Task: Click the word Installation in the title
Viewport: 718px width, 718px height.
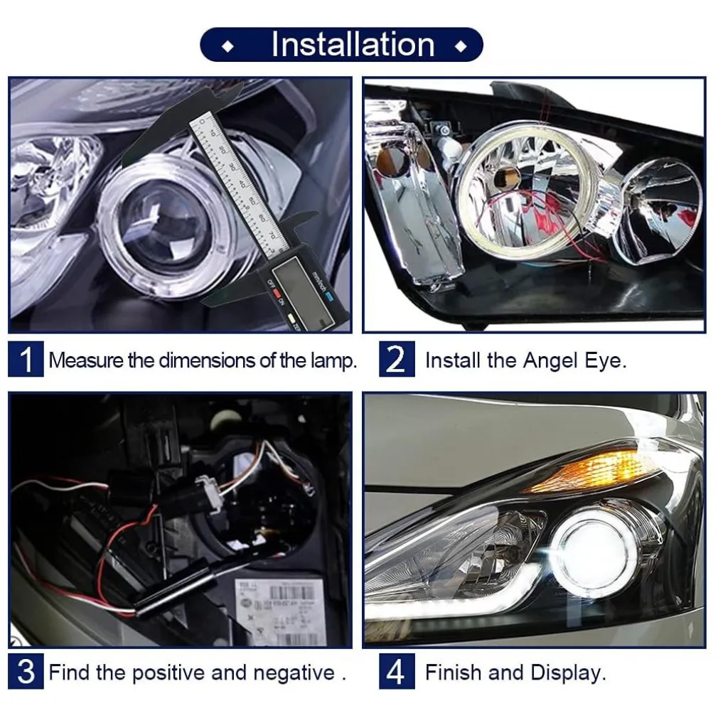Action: click(x=353, y=44)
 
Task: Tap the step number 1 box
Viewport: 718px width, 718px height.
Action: click(x=26, y=360)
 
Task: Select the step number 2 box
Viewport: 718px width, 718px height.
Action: click(x=396, y=360)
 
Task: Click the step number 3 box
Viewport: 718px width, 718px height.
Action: click(x=26, y=672)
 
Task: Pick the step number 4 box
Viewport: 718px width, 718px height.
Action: click(x=396, y=672)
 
